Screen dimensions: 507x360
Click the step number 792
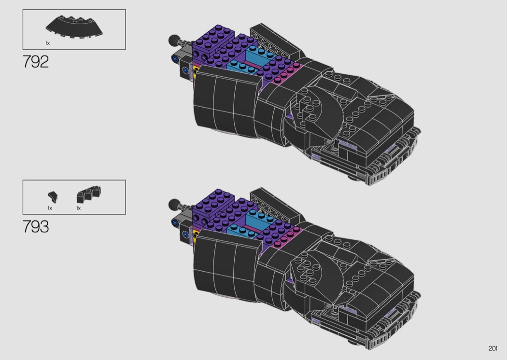pos(36,62)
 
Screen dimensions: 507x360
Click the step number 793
pos(36,226)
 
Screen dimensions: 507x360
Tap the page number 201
pos(493,348)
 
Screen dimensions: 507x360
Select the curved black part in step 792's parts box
pos(74,27)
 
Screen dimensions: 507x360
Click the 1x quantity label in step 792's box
pos(47,43)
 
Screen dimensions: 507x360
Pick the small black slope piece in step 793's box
pos(52,197)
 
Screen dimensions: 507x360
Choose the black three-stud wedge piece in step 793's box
pos(88,194)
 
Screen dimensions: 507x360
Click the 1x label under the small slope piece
pos(50,208)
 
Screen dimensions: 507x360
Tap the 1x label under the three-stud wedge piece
pos(79,208)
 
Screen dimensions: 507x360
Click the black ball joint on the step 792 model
pos(174,40)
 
